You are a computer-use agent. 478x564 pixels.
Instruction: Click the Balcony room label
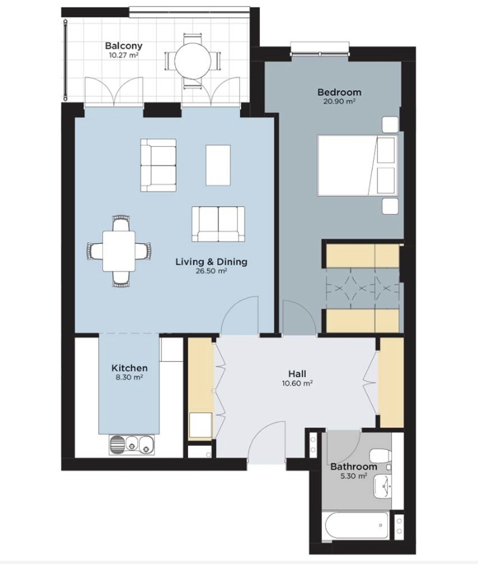click(x=123, y=45)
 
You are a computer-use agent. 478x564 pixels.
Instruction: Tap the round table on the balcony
click(x=193, y=61)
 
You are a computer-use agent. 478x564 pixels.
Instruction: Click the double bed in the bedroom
click(x=358, y=166)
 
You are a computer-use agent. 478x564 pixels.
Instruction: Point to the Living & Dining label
click(x=211, y=262)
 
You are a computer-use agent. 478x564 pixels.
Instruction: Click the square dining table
click(x=119, y=251)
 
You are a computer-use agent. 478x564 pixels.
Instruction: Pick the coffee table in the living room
click(x=218, y=165)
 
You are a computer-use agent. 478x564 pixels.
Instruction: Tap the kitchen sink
click(x=131, y=445)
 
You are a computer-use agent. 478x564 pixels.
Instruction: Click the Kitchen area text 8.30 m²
click(x=129, y=377)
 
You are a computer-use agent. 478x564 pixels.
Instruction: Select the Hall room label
click(x=297, y=374)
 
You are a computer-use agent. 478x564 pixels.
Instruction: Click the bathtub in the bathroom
click(x=357, y=525)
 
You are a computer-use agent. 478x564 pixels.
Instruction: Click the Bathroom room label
click(x=353, y=467)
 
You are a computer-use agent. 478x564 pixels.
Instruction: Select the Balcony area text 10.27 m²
click(x=123, y=55)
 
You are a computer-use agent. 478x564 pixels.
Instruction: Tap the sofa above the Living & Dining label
click(x=218, y=224)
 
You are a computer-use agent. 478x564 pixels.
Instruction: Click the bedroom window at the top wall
click(x=320, y=49)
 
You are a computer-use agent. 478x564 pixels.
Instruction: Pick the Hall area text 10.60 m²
click(x=297, y=383)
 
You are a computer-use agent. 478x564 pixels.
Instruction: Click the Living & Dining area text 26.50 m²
click(x=211, y=271)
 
